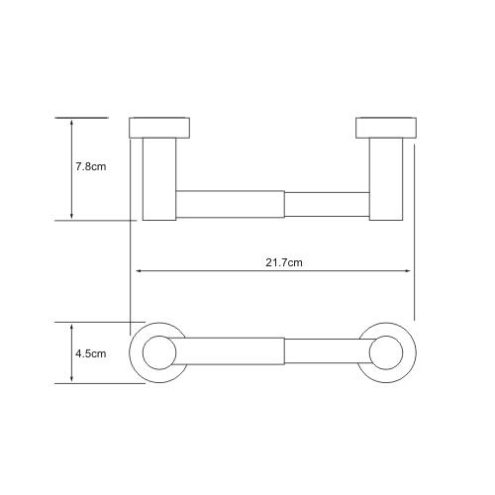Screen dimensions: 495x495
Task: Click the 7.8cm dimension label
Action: coord(91,166)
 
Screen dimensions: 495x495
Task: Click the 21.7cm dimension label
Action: coord(284,262)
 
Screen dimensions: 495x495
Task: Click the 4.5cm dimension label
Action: coord(91,353)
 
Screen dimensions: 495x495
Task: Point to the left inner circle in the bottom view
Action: coord(159,336)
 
